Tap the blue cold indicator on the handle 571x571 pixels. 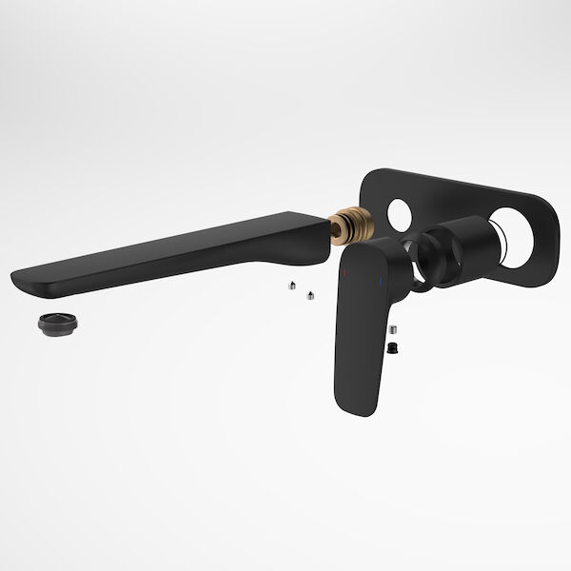[x=381, y=282]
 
